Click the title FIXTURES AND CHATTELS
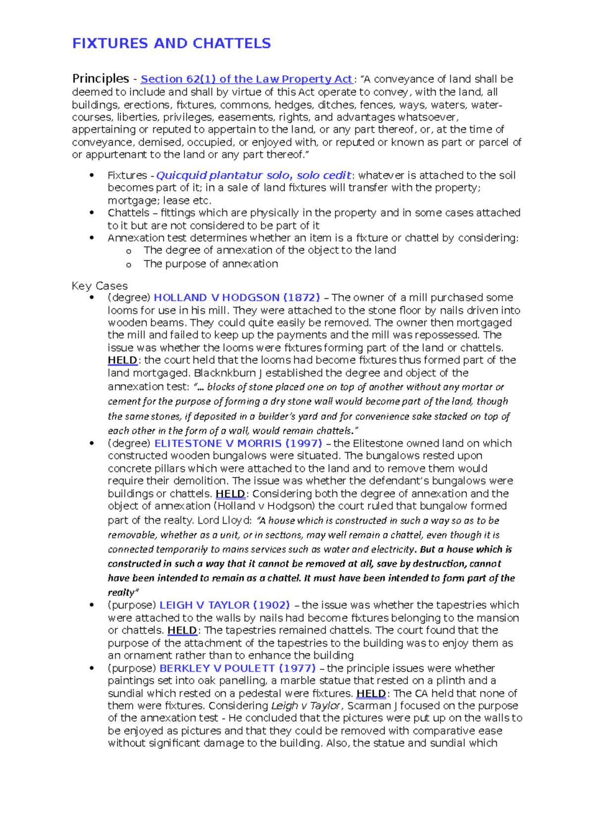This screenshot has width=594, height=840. click(x=171, y=44)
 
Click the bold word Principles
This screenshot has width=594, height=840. click(x=100, y=79)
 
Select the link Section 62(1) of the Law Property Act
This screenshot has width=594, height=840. click(x=247, y=79)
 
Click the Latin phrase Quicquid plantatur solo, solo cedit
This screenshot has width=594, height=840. click(x=253, y=176)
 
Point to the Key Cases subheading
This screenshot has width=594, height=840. click(x=99, y=286)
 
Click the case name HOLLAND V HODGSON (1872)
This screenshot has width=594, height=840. click(x=237, y=298)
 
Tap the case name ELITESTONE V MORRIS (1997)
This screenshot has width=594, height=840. click(x=238, y=443)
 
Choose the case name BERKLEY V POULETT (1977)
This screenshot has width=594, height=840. click(x=238, y=668)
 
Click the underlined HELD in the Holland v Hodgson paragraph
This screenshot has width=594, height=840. click(x=122, y=360)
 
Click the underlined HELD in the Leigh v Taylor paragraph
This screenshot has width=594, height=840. click(x=182, y=630)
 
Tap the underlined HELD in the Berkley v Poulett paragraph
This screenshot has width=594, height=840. click(x=371, y=694)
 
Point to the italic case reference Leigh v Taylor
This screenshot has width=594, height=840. click(x=305, y=706)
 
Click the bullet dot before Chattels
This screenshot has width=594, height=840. click(x=92, y=213)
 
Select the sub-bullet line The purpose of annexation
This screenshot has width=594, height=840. click(x=210, y=264)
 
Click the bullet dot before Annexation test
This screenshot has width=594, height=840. click(x=92, y=238)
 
